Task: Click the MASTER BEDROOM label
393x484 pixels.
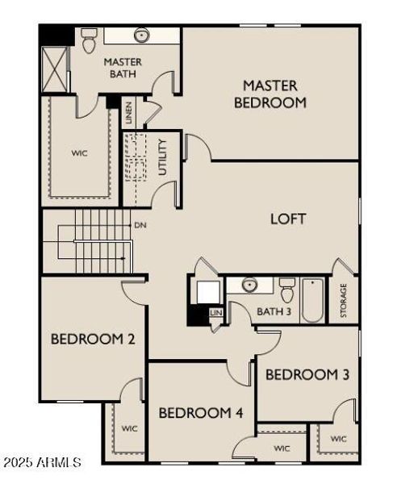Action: pyautogui.click(x=270, y=94)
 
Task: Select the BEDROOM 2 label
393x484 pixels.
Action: pyautogui.click(x=93, y=339)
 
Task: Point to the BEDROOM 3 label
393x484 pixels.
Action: pyautogui.click(x=307, y=374)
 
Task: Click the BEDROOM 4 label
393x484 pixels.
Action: pyautogui.click(x=201, y=413)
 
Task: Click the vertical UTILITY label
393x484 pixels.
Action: pyautogui.click(x=163, y=158)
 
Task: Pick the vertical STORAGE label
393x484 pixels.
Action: pyautogui.click(x=344, y=300)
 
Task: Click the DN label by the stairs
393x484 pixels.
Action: pyautogui.click(x=140, y=226)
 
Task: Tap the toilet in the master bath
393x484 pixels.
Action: pyautogui.click(x=89, y=40)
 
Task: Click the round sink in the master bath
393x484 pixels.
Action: pyautogui.click(x=142, y=35)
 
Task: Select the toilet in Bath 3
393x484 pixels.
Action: pyautogui.click(x=286, y=288)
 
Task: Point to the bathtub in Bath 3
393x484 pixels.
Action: pyautogui.click(x=313, y=299)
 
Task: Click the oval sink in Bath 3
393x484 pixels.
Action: pyautogui.click(x=249, y=285)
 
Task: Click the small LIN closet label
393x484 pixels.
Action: pyautogui.click(x=215, y=312)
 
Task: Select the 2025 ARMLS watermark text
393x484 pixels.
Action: pyautogui.click(x=42, y=463)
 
